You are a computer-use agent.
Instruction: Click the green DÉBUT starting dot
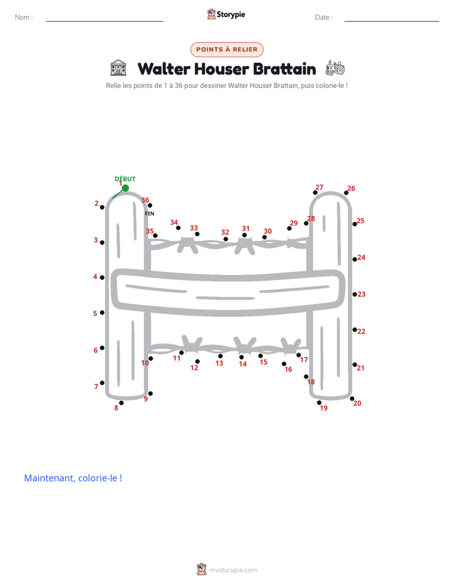coord(125,188)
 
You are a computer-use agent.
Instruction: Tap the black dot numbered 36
coord(150,205)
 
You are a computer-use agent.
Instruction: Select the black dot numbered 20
coord(352,398)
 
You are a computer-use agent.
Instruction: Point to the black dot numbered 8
coord(121,403)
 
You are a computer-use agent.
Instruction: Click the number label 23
coord(361,295)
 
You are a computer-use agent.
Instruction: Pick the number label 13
coord(219,363)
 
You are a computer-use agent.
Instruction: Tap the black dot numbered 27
coord(315,192)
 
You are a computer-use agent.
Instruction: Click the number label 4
coord(95,277)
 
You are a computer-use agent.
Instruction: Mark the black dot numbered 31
coord(244,235)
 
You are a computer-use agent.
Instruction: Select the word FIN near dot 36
coord(149,213)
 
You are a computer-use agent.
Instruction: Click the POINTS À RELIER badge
coord(227,50)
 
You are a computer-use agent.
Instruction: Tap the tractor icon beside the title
coord(335,68)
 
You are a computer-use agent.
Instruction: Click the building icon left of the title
coord(118,67)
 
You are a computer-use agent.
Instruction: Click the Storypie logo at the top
coord(226,14)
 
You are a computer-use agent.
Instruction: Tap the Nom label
coord(24,17)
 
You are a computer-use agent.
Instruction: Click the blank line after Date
coord(392,21)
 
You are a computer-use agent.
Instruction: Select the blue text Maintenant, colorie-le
coord(73,478)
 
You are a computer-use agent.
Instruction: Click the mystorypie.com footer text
coord(233,570)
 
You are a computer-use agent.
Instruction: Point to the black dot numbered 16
coord(284,364)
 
